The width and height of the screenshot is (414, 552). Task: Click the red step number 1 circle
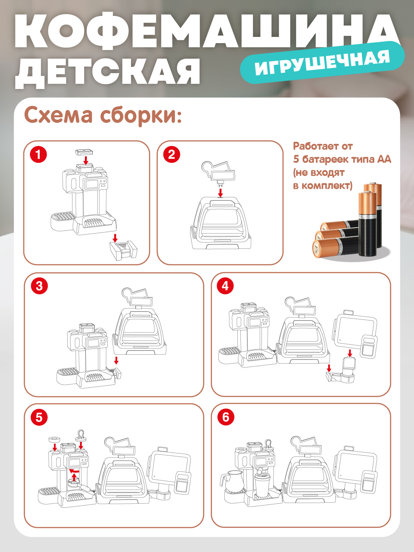click(38, 154)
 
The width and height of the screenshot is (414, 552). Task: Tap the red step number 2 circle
click(171, 154)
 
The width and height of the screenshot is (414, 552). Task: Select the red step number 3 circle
click(39, 286)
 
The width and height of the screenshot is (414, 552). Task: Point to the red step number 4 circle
click(225, 286)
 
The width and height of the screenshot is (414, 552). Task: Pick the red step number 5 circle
click(39, 417)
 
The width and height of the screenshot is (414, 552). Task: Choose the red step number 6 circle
click(226, 417)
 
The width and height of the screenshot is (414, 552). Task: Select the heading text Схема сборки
click(102, 115)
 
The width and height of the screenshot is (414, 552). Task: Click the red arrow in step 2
click(220, 193)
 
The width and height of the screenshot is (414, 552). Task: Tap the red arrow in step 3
click(116, 360)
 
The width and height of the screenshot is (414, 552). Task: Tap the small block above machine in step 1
click(85, 152)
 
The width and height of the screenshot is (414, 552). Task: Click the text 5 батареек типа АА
click(342, 159)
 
